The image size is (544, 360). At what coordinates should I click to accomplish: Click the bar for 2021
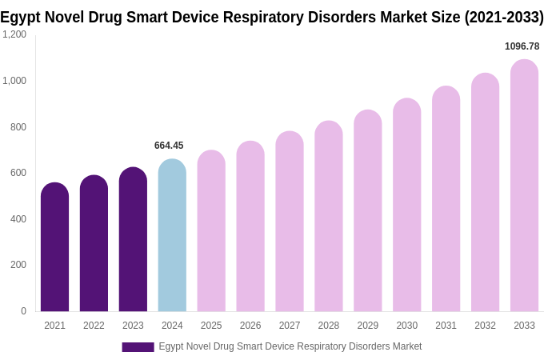[x=54, y=247]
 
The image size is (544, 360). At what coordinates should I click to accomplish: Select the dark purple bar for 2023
[x=133, y=239]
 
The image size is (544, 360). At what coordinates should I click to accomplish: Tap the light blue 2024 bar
[x=172, y=235]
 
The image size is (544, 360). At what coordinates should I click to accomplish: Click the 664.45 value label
[x=169, y=146]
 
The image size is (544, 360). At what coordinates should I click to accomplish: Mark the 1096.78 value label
[x=522, y=46]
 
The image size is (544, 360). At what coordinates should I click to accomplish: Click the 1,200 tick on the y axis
[x=14, y=34]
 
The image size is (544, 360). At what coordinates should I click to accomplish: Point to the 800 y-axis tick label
[x=18, y=126]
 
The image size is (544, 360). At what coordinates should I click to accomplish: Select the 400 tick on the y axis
[x=18, y=218]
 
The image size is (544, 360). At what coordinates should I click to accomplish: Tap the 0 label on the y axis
[x=23, y=311]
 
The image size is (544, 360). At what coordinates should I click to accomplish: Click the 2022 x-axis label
[x=94, y=326]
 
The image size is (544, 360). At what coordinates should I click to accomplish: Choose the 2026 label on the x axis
[x=250, y=326]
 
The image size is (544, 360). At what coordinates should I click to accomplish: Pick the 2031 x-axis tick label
[x=446, y=326]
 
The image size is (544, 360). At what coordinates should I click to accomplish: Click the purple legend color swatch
[x=138, y=347]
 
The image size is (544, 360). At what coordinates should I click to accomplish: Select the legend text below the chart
[x=290, y=346]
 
